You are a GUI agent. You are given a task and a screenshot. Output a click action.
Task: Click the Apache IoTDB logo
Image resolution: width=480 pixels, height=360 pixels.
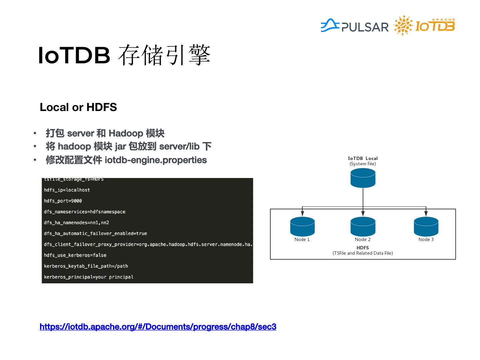pyautogui.click(x=425, y=26)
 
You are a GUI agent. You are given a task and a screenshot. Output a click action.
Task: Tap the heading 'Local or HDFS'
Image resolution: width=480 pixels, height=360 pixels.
pyautogui.click(x=78, y=107)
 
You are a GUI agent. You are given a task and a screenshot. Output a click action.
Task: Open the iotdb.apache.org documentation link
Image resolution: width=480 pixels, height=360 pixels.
pyautogui.click(x=158, y=327)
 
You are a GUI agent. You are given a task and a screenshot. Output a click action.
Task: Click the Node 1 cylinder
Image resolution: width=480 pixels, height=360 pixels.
pyautogui.click(x=302, y=226)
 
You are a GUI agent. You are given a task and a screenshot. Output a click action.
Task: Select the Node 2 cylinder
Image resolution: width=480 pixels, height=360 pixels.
pyautogui.click(x=363, y=226)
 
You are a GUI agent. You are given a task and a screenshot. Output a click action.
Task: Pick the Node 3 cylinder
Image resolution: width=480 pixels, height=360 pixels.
pyautogui.click(x=426, y=226)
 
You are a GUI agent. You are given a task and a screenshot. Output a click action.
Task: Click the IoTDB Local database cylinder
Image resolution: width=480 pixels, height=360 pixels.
pyautogui.click(x=363, y=178)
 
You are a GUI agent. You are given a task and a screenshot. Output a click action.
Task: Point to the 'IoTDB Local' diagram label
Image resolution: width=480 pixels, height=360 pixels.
pyautogui.click(x=363, y=158)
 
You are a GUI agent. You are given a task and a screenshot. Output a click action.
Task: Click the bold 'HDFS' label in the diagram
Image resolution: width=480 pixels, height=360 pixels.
pyautogui.click(x=363, y=248)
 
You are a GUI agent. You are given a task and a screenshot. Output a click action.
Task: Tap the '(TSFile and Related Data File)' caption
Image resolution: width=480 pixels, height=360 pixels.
pyautogui.click(x=363, y=253)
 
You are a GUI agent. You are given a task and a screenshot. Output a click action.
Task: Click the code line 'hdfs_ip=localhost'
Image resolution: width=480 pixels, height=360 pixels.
pyautogui.click(x=67, y=190)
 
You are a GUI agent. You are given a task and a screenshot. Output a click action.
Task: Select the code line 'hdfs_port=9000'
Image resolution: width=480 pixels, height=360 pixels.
pyautogui.click(x=63, y=201)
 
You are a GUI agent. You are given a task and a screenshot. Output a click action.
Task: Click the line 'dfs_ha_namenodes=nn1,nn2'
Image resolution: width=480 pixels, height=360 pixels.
pyautogui.click(x=77, y=223)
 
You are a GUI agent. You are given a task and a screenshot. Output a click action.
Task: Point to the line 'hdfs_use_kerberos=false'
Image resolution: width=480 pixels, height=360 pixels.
pyautogui.click(x=75, y=255)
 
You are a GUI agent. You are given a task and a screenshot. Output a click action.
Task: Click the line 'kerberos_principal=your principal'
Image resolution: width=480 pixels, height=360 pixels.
pyautogui.click(x=89, y=277)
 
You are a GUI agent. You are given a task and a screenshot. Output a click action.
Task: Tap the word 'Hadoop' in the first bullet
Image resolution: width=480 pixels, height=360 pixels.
pyautogui.click(x=126, y=133)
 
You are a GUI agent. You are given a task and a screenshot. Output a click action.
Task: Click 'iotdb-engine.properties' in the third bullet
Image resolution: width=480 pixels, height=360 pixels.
pyautogui.click(x=156, y=160)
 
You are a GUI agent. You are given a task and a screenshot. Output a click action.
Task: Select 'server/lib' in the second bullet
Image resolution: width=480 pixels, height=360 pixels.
pyautogui.click(x=179, y=147)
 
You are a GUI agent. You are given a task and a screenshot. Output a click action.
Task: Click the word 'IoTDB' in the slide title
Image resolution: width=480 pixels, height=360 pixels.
pyautogui.click(x=74, y=55)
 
